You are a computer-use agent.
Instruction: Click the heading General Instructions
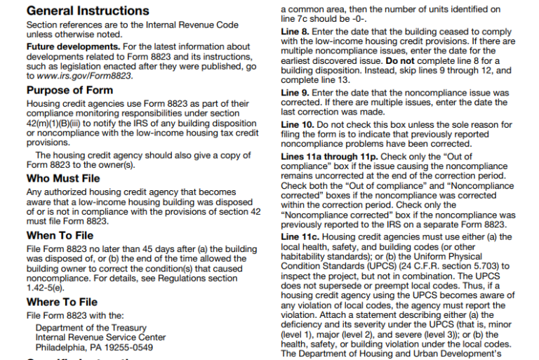tap(87, 11)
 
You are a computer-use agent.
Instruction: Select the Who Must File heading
tap(63, 178)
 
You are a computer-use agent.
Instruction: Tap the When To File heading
tap(60, 236)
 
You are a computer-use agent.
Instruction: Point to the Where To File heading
tap(62, 302)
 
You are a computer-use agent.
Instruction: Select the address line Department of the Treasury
tap(91, 328)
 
